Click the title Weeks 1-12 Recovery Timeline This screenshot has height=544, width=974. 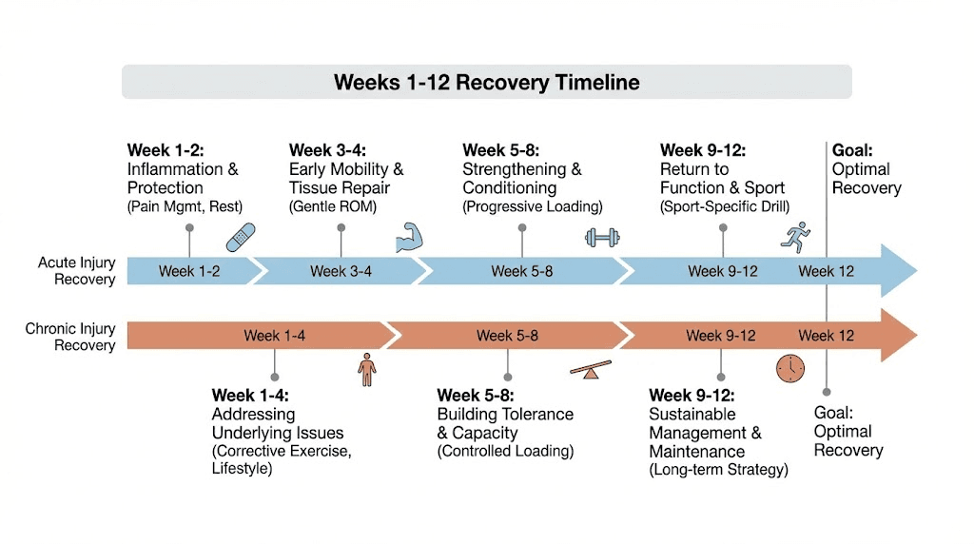click(x=486, y=82)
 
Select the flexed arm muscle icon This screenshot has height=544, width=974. click(x=407, y=236)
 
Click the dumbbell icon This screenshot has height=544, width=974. click(x=603, y=237)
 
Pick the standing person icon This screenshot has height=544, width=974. click(x=367, y=369)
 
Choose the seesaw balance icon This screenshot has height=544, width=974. click(x=590, y=369)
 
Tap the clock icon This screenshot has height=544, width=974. click(x=790, y=368)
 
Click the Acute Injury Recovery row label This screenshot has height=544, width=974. click(x=77, y=270)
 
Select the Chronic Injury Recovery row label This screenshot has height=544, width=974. click(x=71, y=337)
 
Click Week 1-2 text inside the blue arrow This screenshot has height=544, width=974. click(x=189, y=271)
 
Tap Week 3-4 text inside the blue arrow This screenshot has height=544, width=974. click(x=341, y=271)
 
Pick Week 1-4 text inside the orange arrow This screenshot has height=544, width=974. click(x=275, y=336)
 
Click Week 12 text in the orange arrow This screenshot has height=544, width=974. click(x=826, y=336)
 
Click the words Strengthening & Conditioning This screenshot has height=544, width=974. click(x=521, y=179)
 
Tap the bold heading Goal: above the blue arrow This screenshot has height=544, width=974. click(x=852, y=150)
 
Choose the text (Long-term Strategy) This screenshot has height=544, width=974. click(x=718, y=470)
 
